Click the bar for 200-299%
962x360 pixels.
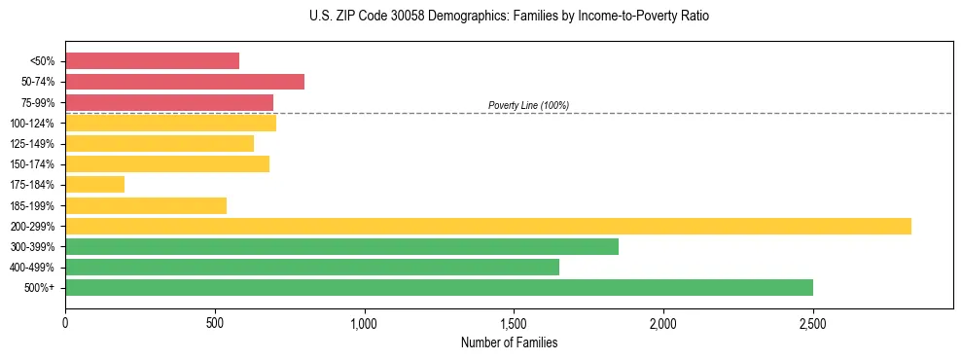coord(487,226)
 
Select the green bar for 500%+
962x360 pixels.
coord(439,287)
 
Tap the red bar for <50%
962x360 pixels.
coord(152,60)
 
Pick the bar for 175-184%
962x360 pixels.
coord(94,184)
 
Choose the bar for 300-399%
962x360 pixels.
coord(341,246)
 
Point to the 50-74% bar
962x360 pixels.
coord(185,82)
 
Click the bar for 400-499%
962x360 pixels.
coord(311,267)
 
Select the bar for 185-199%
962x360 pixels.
coord(146,205)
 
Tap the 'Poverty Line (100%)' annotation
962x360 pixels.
coord(528,105)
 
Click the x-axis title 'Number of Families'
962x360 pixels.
coord(509,342)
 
